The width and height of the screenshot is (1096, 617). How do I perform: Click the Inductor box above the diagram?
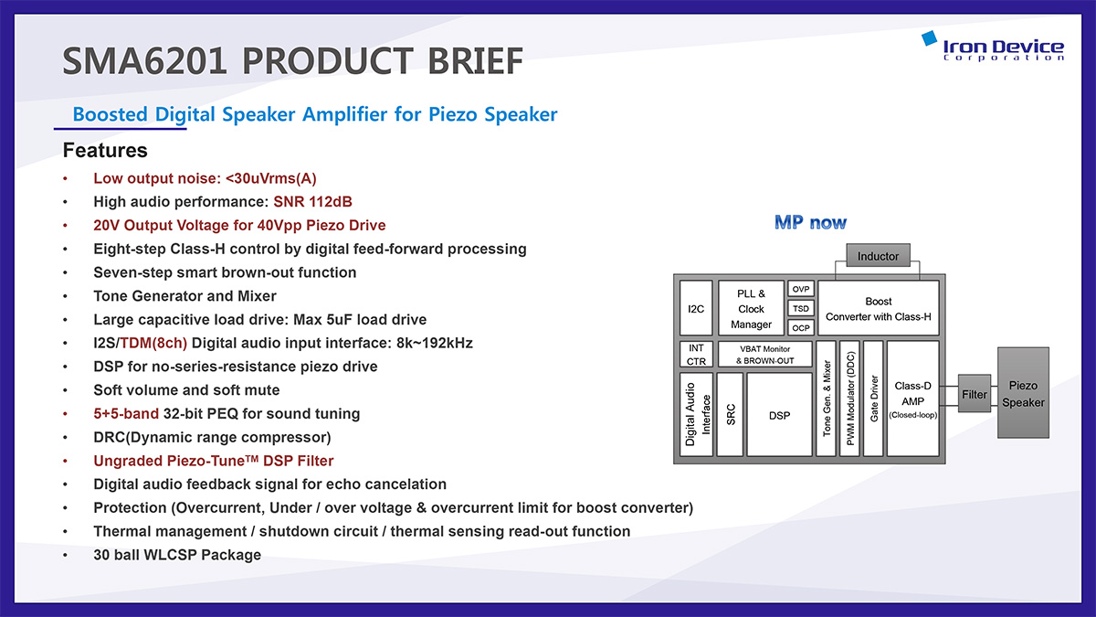[x=879, y=255]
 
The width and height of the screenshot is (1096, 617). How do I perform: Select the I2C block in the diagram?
[x=696, y=308]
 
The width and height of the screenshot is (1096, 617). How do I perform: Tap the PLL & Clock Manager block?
[x=751, y=308]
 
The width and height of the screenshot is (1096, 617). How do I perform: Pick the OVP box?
[x=800, y=289]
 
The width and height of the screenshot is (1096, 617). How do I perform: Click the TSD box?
[x=800, y=309]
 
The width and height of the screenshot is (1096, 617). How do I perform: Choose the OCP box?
[x=800, y=327]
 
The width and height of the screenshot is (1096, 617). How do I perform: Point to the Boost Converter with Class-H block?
[x=879, y=308]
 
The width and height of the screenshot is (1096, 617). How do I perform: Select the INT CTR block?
[x=696, y=355]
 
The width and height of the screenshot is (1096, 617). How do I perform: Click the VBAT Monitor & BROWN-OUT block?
[x=764, y=355]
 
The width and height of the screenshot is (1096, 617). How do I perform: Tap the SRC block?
[x=730, y=414]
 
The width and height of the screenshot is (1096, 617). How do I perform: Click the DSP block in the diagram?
[x=779, y=414]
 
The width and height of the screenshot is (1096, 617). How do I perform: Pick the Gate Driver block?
[x=873, y=399]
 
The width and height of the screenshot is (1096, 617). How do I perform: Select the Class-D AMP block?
[x=913, y=399]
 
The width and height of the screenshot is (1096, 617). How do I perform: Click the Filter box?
[x=975, y=394]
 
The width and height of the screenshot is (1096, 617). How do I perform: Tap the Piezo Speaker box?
[x=1023, y=393]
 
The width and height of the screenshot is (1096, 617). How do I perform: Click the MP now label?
[x=810, y=222]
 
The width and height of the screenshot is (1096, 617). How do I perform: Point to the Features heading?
[x=105, y=150]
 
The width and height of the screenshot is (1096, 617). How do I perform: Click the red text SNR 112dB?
[x=312, y=202]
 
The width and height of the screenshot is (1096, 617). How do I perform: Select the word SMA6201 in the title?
[x=145, y=60]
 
